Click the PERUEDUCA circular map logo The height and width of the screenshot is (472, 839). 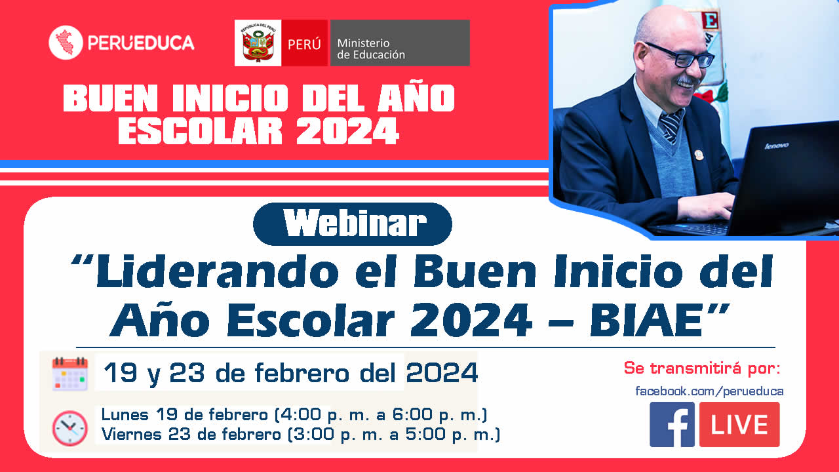point(66,43)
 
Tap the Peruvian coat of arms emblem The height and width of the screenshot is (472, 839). point(258,43)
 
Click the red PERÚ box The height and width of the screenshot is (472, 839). point(305,43)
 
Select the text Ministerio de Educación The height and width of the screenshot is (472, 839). point(371,49)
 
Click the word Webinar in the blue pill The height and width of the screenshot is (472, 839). point(355,224)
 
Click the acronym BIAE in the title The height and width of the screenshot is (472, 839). point(646,321)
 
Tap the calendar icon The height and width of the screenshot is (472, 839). point(70,374)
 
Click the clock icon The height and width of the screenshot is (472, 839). point(70,428)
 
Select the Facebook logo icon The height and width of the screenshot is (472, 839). point(672,424)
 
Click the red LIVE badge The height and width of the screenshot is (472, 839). point(739,424)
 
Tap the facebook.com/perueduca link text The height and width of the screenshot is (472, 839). point(709,391)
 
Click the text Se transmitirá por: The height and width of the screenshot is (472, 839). point(702,368)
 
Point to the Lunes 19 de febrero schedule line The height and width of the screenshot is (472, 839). point(294,415)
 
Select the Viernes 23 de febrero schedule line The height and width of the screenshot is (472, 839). point(301,435)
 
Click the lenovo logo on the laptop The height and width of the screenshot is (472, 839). point(777,146)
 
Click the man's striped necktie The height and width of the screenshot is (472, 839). point(672,125)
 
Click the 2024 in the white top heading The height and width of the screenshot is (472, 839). point(347,130)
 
